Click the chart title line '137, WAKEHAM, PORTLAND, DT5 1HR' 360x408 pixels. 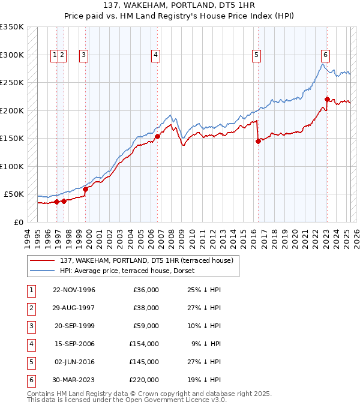180,5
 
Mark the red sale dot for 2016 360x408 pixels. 259,142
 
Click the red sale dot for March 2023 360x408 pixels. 327,100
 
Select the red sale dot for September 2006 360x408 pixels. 157,136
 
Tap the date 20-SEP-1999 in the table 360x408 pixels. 74,326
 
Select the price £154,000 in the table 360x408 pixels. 144,344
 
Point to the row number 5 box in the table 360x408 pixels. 31,362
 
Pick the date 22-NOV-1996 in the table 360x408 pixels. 74,290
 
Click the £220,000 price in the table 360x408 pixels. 144,380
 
